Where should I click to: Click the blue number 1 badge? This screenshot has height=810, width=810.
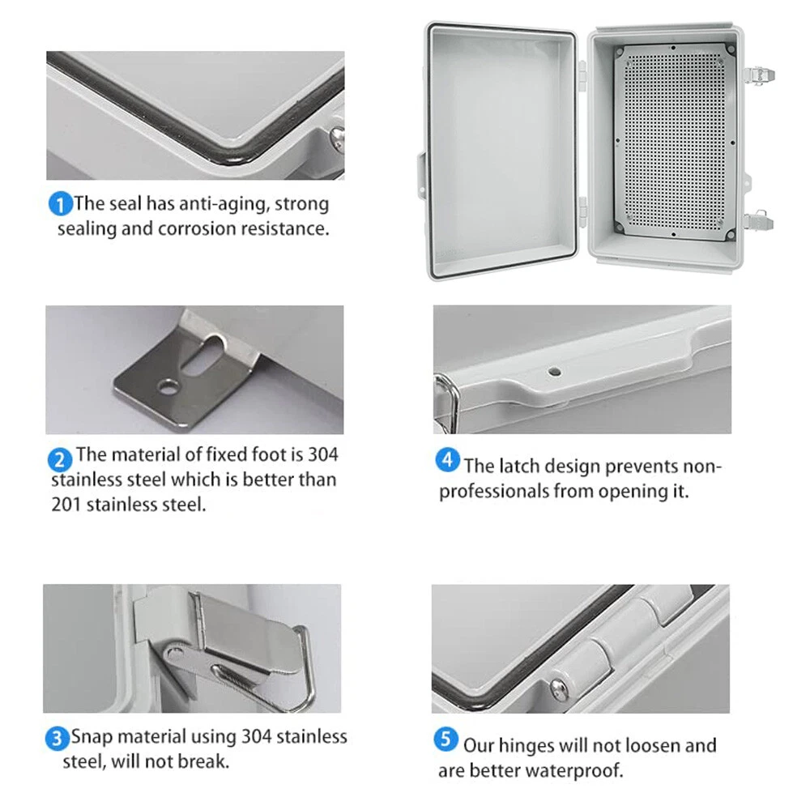click(x=60, y=204)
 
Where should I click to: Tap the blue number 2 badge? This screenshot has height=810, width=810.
click(x=59, y=459)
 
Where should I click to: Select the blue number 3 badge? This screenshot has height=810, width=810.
click(x=57, y=739)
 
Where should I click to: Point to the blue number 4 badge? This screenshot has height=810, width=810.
click(x=447, y=460)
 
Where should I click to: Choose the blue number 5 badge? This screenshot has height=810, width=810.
click(x=446, y=740)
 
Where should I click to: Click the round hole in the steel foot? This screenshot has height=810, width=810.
click(x=168, y=386)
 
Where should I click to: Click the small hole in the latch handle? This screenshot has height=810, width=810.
click(x=554, y=372)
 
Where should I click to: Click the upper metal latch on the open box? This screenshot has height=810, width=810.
click(x=758, y=76)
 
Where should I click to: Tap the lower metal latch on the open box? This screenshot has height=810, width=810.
click(x=758, y=221)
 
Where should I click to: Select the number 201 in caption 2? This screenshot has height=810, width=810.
click(x=66, y=505)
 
